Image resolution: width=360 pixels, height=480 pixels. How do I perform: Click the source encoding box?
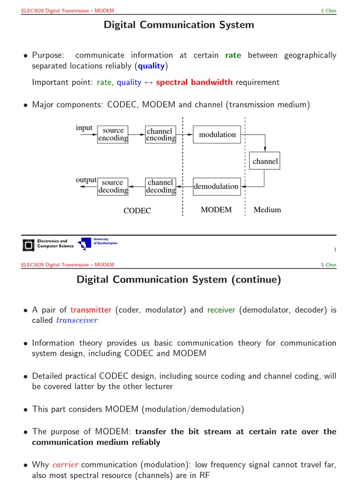pyautogui.click(x=113, y=134)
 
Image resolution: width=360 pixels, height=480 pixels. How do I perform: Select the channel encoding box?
pyautogui.click(x=160, y=134)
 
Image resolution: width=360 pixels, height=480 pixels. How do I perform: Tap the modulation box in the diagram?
pyautogui.click(x=217, y=135)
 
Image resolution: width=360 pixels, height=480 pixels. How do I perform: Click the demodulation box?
pyautogui.click(x=217, y=186)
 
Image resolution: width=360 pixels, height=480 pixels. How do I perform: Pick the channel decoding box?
pyautogui.click(x=160, y=186)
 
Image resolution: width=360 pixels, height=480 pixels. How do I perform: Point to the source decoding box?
pyautogui.click(x=113, y=186)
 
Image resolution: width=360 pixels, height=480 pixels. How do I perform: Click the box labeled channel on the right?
pyautogui.click(x=265, y=161)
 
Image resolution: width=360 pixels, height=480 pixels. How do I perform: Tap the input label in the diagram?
pyautogui.click(x=84, y=128)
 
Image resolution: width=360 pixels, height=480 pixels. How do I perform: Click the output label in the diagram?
pyautogui.click(x=86, y=180)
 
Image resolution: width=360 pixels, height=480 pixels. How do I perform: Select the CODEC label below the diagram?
pyautogui.click(x=137, y=211)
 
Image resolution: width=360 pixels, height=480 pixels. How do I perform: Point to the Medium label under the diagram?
pyautogui.click(x=267, y=210)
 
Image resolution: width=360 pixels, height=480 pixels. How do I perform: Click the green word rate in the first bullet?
pyautogui.click(x=233, y=55)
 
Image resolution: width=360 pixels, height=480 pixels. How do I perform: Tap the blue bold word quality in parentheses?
pyautogui.click(x=151, y=66)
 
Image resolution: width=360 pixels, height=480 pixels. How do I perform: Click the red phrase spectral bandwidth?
pyautogui.click(x=194, y=82)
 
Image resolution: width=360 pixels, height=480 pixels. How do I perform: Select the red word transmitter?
pyautogui.click(x=90, y=310)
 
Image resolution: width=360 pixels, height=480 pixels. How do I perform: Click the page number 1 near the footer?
pyautogui.click(x=335, y=249)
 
